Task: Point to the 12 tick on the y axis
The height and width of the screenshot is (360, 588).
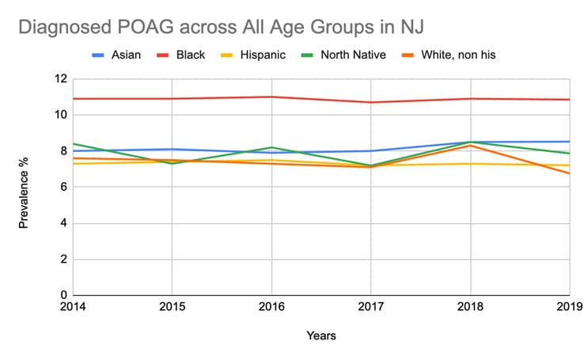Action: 61,79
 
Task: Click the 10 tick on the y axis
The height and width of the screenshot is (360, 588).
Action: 61,116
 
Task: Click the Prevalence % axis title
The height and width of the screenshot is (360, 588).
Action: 24,188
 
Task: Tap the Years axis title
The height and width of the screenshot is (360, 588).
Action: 321,336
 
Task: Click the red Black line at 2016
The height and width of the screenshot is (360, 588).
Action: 271,97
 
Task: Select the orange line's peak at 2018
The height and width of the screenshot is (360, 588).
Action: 471,146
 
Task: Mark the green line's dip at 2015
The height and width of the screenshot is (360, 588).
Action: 172,164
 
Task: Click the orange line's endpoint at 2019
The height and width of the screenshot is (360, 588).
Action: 569,173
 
